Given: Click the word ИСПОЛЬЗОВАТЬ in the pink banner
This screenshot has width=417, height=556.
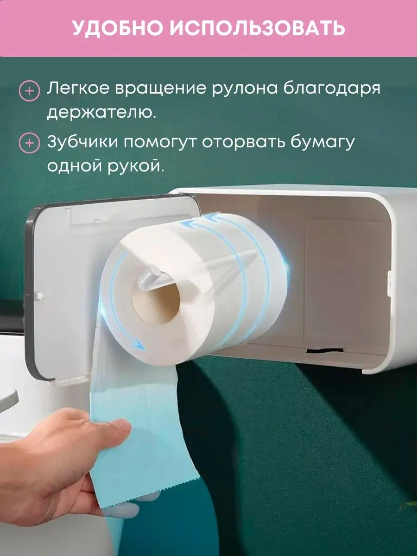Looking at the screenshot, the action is pos(257,28).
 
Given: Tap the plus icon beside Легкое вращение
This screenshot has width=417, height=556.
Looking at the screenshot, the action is pos(30,91).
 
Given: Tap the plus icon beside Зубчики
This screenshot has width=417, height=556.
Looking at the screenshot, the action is pos(30,144).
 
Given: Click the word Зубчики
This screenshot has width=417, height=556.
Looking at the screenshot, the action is pos(82,141).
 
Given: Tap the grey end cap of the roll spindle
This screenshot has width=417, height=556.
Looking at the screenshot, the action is pos(149,272).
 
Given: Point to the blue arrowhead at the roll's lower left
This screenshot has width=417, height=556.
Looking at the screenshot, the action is pos(138,344).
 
